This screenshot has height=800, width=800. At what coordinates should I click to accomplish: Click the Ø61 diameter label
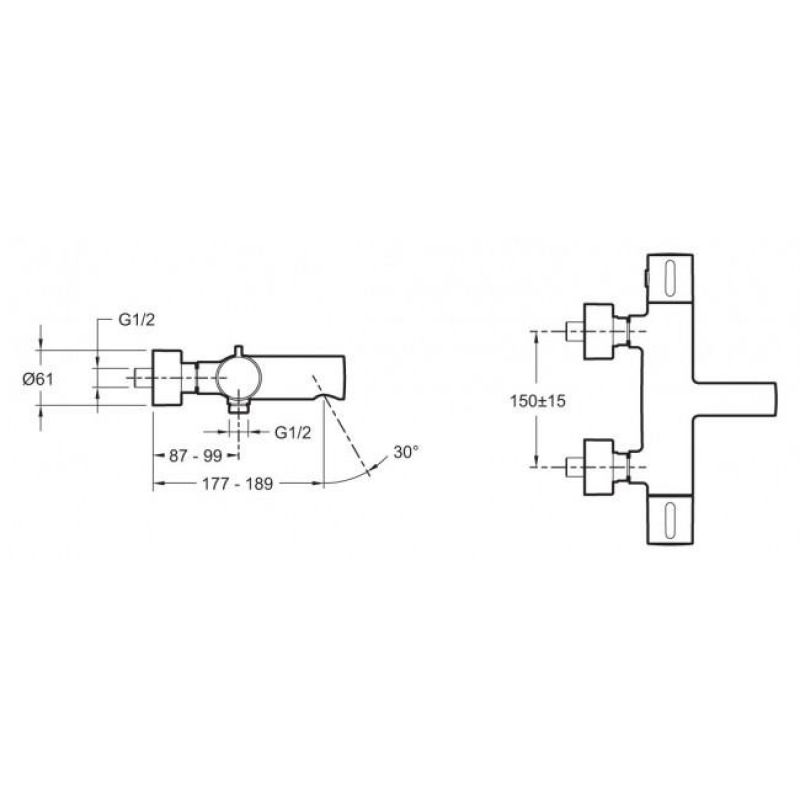(38, 379)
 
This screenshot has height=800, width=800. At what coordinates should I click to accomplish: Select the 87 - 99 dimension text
(195, 455)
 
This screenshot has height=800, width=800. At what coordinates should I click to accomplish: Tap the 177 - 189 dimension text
(238, 483)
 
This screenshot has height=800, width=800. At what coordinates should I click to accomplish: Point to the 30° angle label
(406, 452)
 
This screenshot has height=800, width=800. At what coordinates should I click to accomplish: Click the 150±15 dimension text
(538, 401)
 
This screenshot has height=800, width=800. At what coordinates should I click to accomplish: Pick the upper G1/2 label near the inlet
(136, 320)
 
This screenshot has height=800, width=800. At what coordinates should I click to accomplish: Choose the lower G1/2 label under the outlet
(292, 433)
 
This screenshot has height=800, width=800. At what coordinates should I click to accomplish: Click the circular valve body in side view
(239, 378)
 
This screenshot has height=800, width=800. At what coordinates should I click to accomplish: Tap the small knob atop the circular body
(238, 350)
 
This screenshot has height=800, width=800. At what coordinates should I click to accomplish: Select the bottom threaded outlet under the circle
(239, 406)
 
